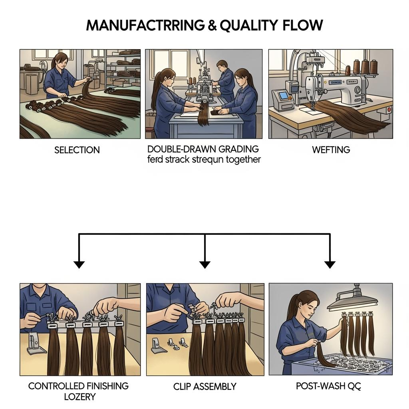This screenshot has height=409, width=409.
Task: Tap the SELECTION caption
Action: (x=77, y=150)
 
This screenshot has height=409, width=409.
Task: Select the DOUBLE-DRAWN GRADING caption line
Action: (x=203, y=149)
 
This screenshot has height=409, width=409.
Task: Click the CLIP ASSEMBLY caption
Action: (x=205, y=387)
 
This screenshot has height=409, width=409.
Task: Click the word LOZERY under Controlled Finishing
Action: (x=80, y=397)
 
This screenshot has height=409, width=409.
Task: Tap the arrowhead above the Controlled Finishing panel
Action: (x=79, y=264)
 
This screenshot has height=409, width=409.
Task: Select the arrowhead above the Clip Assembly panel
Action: (x=205, y=264)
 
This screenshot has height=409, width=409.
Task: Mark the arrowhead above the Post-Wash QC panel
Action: (x=330, y=264)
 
